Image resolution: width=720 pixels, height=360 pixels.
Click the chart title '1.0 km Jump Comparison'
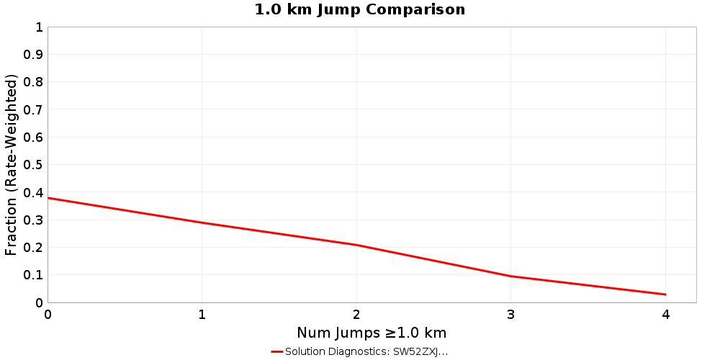[x=360, y=10]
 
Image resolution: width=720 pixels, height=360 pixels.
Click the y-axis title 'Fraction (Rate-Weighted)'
[x=12, y=165]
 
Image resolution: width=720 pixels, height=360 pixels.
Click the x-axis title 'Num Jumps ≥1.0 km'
[x=372, y=333]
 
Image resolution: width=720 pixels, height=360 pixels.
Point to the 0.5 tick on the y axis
[x=34, y=165]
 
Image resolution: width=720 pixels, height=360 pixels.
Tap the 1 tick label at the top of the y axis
[x=39, y=27]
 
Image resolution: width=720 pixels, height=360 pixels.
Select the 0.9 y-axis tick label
[x=34, y=55]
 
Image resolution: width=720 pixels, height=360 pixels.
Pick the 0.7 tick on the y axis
[x=34, y=110]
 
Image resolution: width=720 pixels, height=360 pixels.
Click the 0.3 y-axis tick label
[x=34, y=220]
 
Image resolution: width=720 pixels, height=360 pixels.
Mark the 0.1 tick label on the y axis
[x=34, y=275]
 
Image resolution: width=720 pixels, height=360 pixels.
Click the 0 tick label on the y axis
[x=39, y=302]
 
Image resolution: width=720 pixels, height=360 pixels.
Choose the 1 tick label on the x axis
[x=202, y=315]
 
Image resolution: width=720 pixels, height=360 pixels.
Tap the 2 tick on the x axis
[x=356, y=315]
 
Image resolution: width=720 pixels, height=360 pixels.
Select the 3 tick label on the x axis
[x=511, y=315]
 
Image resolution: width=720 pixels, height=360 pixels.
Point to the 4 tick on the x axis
[x=665, y=315]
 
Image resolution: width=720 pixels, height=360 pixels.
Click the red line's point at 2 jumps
[x=356, y=245]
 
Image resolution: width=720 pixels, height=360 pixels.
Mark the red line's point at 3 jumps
[x=511, y=276]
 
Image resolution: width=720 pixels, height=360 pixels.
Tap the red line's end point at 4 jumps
[x=665, y=294]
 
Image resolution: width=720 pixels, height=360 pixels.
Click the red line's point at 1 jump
[x=202, y=222]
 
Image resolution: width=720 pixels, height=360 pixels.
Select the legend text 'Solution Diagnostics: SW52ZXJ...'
[x=366, y=352]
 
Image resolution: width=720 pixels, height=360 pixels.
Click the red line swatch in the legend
[x=277, y=352]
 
